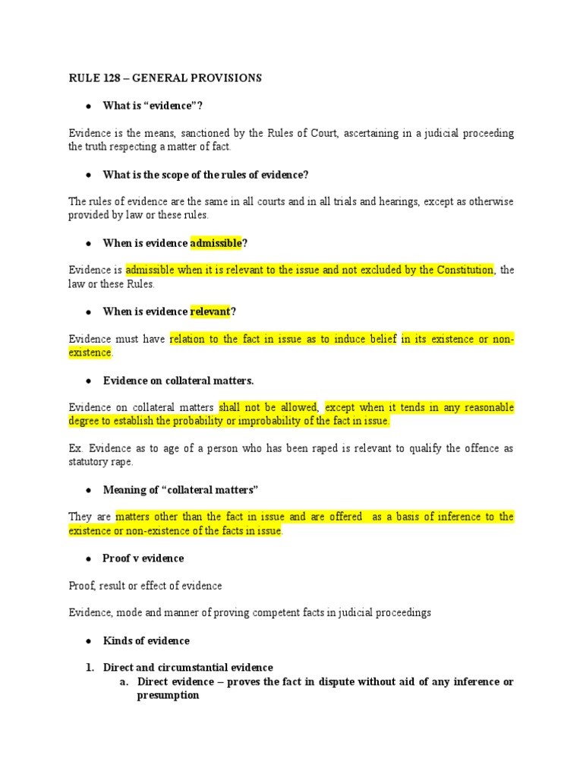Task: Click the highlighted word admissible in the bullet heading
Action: (x=216, y=243)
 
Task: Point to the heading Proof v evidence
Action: (x=143, y=558)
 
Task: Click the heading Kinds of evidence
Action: (x=146, y=640)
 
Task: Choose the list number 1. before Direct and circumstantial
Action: (x=90, y=668)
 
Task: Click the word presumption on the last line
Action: (x=168, y=695)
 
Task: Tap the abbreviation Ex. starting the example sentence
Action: (x=75, y=448)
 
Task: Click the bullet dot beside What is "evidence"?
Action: (x=89, y=106)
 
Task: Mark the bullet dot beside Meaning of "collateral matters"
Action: (x=89, y=489)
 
